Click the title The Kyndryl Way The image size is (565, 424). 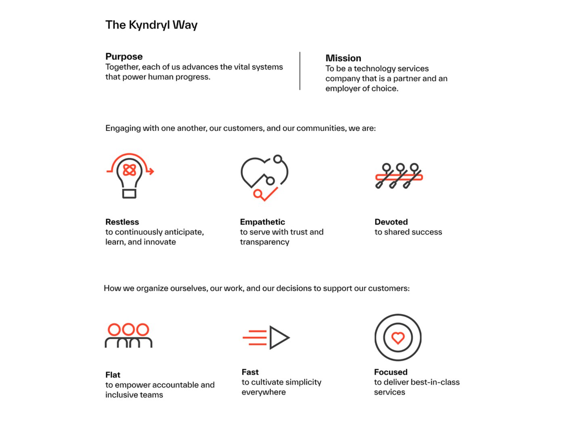coord(151,25)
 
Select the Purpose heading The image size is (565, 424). coord(124,57)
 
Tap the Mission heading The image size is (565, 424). coord(343,58)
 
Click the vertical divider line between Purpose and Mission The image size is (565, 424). coord(299,71)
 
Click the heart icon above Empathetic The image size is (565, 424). coord(264,178)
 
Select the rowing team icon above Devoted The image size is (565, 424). coord(399,176)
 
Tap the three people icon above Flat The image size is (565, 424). coord(128,336)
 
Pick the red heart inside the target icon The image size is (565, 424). coord(398,338)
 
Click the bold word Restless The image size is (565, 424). coord(122,222)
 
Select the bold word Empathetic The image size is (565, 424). coord(262,222)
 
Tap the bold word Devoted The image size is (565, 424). coord(391,222)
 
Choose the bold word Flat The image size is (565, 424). coord(113,375)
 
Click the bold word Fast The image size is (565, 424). coord(250,372)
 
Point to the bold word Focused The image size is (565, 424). coord(391,372)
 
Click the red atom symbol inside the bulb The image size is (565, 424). coord(129,170)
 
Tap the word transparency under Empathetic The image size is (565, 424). coord(265,242)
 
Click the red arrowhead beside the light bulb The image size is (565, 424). coord(151,171)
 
